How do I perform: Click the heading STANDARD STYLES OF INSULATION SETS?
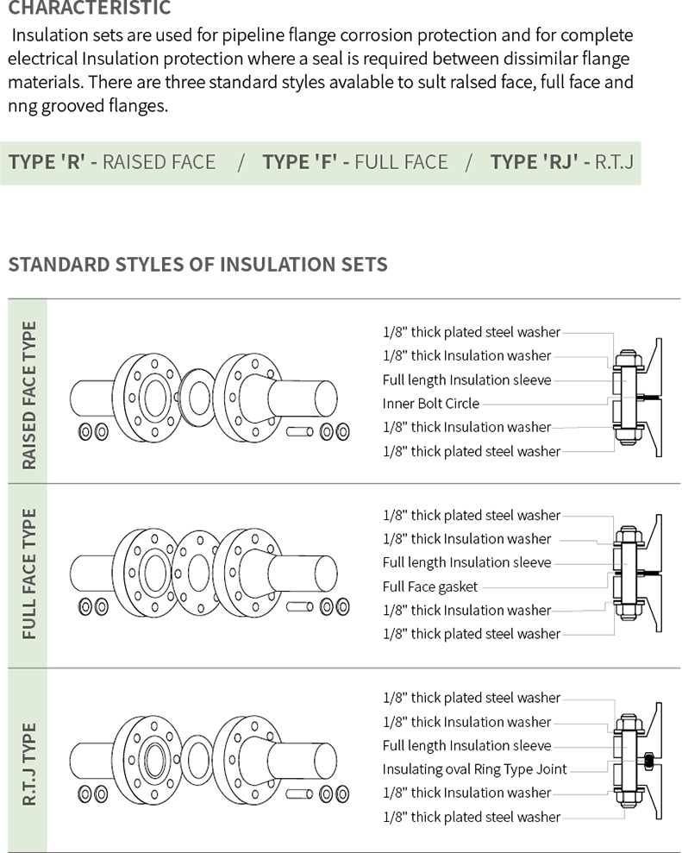click(197, 265)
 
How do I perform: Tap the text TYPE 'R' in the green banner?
click(47, 162)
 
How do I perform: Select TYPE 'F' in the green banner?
click(300, 162)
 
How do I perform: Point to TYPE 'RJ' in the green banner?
click(534, 162)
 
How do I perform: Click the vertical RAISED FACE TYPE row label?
click(28, 395)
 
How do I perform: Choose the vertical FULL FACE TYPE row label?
click(28, 574)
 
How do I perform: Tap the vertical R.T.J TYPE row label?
click(28, 764)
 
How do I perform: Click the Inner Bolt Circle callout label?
click(431, 404)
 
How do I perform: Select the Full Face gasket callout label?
click(429, 586)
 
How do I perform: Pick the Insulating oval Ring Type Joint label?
click(474, 769)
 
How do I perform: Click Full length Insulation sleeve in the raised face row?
click(466, 379)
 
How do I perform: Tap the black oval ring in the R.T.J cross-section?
click(648, 761)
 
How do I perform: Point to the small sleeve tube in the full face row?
click(300, 606)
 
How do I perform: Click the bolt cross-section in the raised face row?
click(629, 398)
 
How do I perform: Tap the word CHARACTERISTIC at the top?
click(89, 8)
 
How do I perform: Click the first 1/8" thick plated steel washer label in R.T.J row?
click(471, 698)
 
